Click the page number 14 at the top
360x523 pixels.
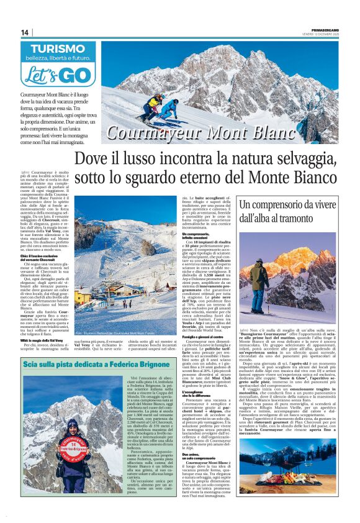pyautogui.click(x=25, y=32)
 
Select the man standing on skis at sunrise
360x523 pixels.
pyautogui.click(x=260, y=282)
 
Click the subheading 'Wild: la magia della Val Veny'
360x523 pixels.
pyautogui.click(x=42, y=340)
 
